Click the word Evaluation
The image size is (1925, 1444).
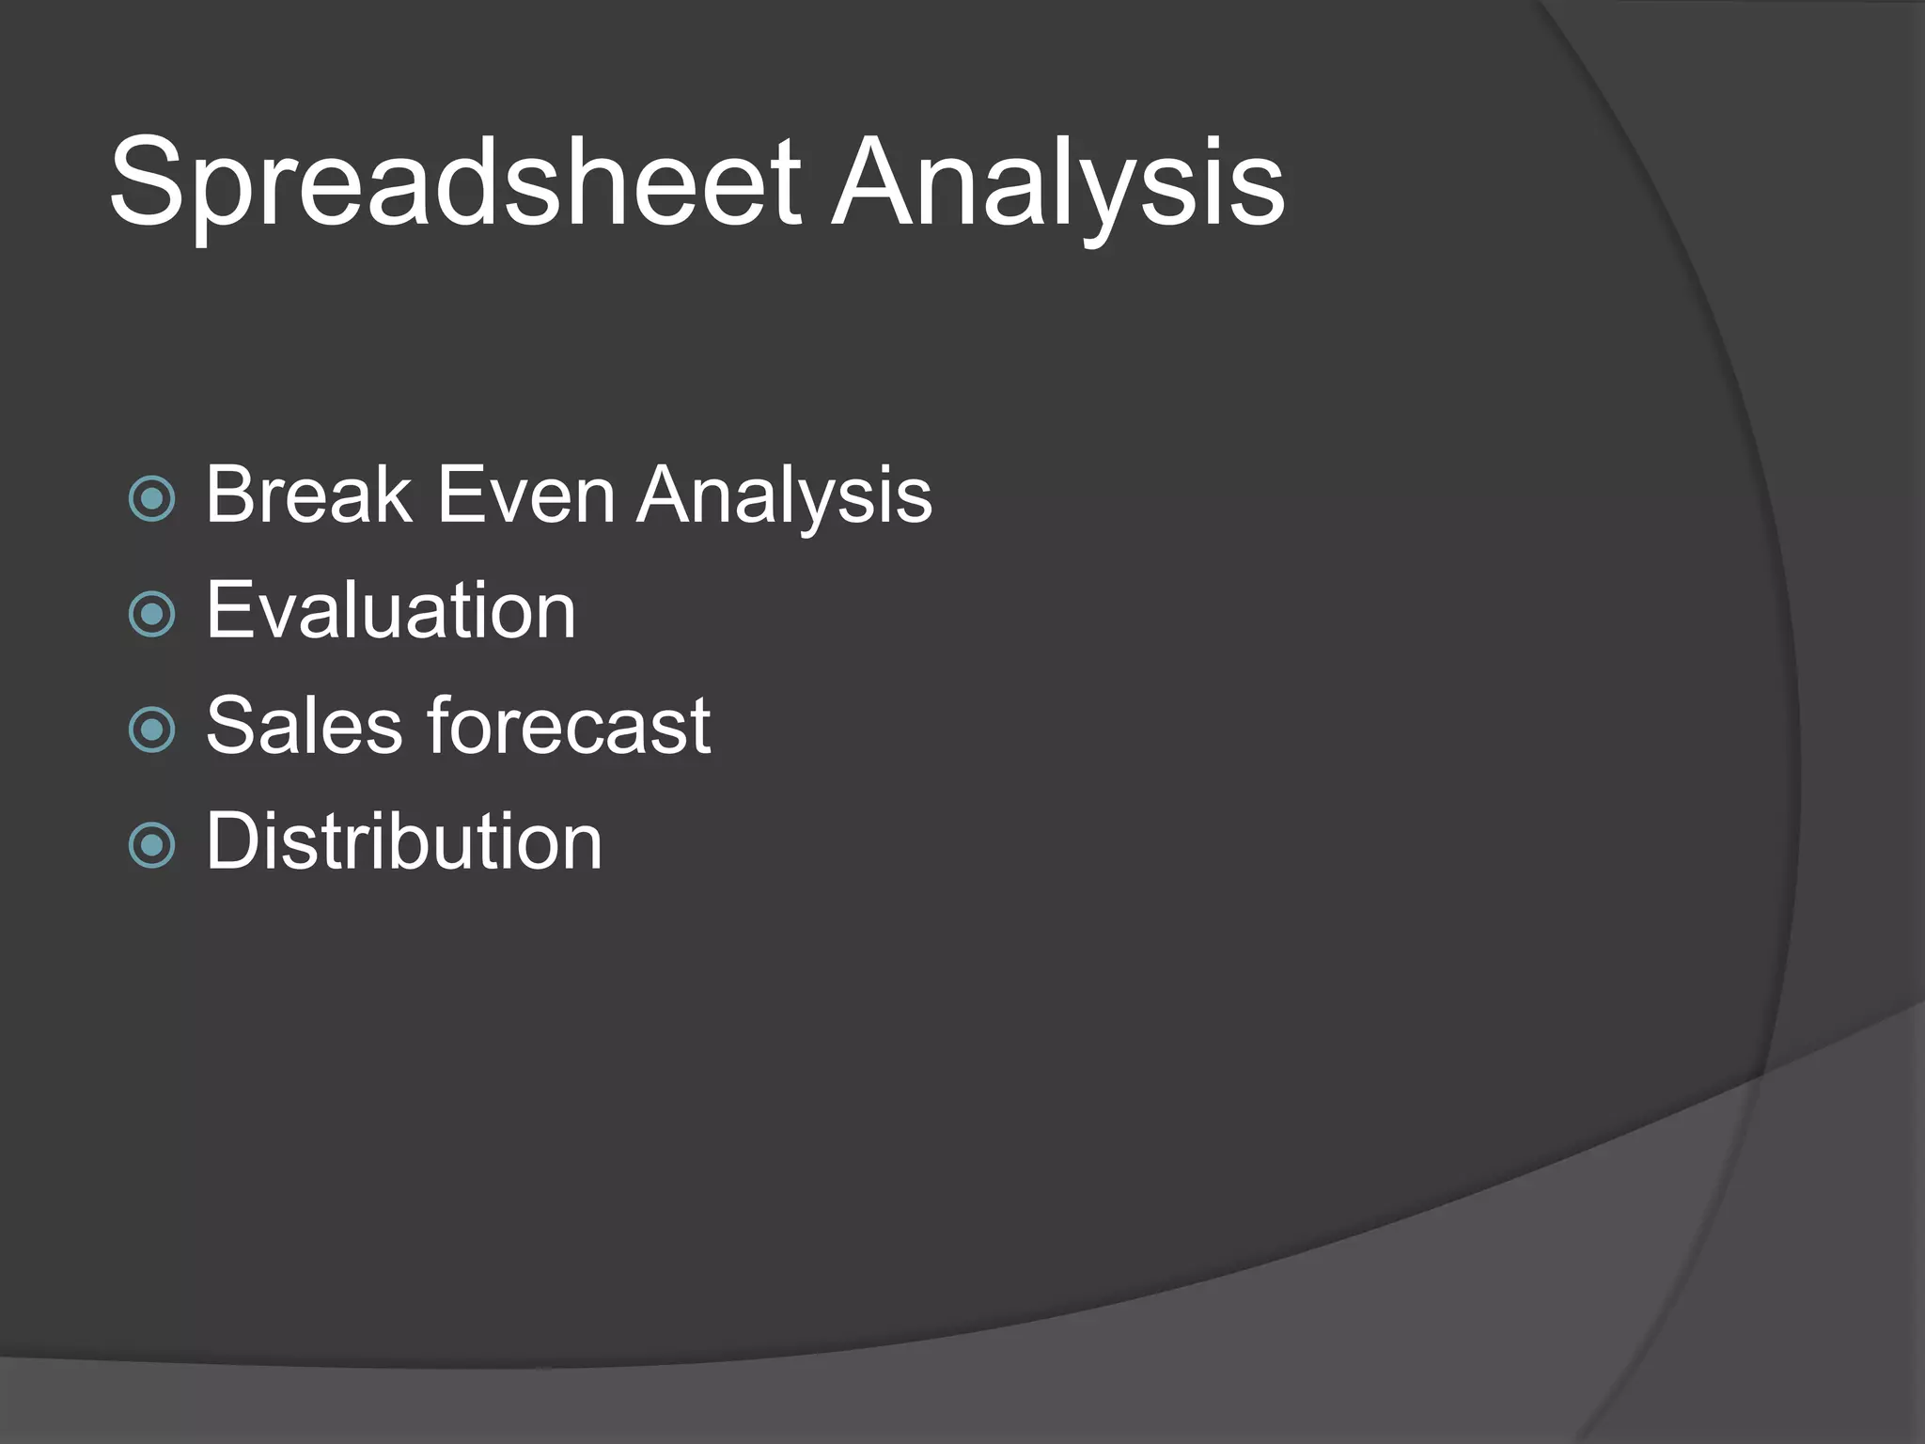point(391,611)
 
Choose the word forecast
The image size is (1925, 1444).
point(570,726)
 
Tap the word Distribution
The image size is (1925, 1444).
point(404,841)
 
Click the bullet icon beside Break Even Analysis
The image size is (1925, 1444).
point(151,498)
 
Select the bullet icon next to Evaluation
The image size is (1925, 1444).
point(151,614)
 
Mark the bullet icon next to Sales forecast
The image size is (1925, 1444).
point(151,730)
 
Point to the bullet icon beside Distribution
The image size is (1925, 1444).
point(151,845)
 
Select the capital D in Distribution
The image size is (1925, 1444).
point(231,841)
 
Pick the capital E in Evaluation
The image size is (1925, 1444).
point(228,611)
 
